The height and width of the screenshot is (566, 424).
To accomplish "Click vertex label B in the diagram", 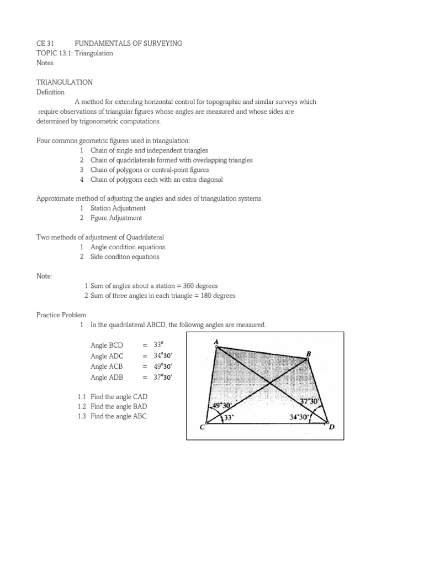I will pos(309,353).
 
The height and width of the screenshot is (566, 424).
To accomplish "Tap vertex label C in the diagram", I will pos(202,426).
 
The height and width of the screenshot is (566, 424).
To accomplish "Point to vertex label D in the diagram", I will pos(332,427).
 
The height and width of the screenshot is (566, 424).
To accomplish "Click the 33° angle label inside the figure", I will pos(229,418).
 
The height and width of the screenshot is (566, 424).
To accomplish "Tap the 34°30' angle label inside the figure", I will pos(300,418).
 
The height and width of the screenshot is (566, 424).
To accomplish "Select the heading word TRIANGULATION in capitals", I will pos(65,82).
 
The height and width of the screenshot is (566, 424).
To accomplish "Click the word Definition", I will pos(50,92).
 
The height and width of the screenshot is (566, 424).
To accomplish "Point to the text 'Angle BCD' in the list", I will pos(107,345).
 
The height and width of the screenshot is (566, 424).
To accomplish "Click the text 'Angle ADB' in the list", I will pos(107,378).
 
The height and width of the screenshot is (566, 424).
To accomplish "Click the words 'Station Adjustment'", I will pos(118,208).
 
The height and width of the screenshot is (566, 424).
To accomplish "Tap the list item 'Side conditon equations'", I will pos(125,257).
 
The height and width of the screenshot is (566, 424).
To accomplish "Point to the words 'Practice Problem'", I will pos(61,315).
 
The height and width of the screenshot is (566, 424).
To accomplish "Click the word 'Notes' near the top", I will pos(45,63).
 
